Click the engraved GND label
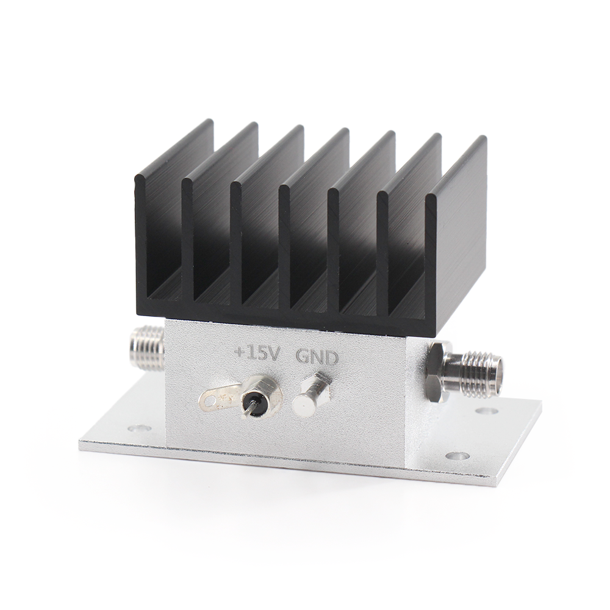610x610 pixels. click(318, 357)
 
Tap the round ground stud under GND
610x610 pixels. click(307, 400)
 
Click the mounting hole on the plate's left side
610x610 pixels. click(137, 429)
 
